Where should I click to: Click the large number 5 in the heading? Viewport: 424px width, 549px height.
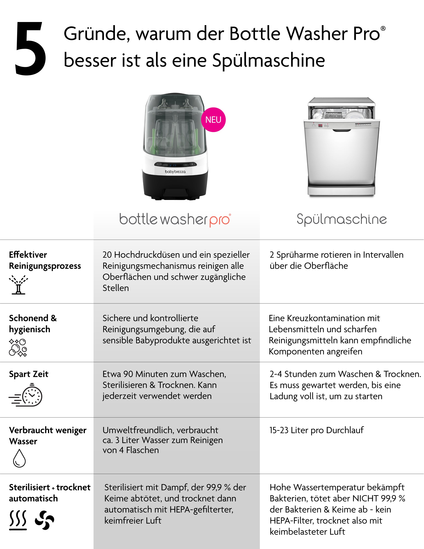[x=30, y=49]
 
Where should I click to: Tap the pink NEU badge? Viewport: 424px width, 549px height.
[x=213, y=120]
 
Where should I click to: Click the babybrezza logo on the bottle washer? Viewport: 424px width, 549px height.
[x=175, y=172]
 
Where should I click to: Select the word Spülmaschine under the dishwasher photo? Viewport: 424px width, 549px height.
[x=342, y=219]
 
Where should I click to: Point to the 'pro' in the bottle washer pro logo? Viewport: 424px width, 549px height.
[x=220, y=220]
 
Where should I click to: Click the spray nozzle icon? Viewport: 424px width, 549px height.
[x=18, y=285]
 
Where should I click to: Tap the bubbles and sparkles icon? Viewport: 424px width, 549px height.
[x=18, y=348]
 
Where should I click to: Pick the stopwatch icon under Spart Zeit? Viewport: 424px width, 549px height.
[x=26, y=395]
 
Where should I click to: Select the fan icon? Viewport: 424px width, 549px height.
[x=45, y=520]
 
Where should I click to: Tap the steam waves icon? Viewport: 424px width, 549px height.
[x=18, y=520]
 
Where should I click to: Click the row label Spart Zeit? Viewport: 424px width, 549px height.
[x=29, y=374]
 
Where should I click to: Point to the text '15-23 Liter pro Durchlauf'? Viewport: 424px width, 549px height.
[x=316, y=430]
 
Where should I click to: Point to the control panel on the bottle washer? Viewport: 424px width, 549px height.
[x=175, y=165]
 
